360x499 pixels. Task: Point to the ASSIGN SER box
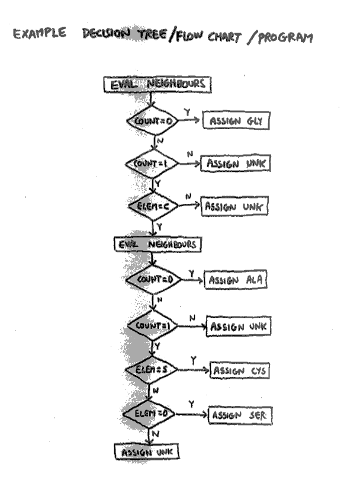click(240, 415)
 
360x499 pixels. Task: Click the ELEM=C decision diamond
click(153, 206)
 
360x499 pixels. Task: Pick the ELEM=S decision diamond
click(150, 369)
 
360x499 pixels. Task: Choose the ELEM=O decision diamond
click(149, 413)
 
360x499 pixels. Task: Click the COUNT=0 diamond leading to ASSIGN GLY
click(152, 121)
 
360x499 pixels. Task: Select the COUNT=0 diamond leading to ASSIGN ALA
click(153, 279)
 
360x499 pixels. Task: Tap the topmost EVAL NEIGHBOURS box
click(157, 84)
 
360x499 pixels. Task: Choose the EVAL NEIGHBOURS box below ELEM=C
click(158, 244)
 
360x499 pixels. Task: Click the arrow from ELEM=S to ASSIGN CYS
click(194, 370)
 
